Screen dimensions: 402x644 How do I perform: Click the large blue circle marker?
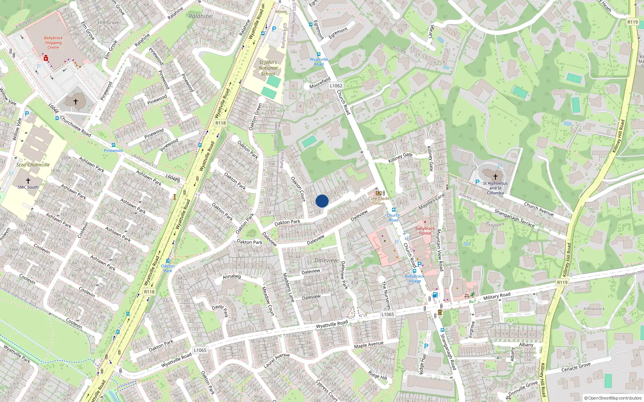(x=322, y=201)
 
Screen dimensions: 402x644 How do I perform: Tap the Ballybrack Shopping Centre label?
(x=53, y=43)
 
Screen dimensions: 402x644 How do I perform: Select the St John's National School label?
(x=268, y=68)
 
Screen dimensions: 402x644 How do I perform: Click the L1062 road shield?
(x=336, y=86)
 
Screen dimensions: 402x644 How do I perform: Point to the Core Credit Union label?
(x=379, y=201)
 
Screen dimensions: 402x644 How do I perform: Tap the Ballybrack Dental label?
(x=425, y=231)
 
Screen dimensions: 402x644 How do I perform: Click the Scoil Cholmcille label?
(x=33, y=165)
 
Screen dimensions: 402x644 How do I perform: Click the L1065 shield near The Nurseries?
(x=388, y=314)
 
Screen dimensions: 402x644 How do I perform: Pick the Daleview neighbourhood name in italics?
(x=326, y=260)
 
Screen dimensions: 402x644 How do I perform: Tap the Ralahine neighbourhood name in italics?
(x=200, y=16)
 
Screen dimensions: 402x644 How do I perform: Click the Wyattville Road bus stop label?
(x=319, y=62)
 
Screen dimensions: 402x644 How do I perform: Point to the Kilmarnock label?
(x=594, y=309)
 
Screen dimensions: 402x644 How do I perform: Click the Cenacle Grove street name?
(x=576, y=367)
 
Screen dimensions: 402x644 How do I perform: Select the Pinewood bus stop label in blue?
(x=113, y=151)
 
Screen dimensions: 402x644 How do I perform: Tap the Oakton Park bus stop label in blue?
(x=168, y=268)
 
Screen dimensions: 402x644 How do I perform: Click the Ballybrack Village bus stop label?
(x=415, y=279)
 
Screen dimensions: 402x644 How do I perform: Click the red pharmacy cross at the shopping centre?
(x=46, y=59)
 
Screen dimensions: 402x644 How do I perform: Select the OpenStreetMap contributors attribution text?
(x=613, y=398)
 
